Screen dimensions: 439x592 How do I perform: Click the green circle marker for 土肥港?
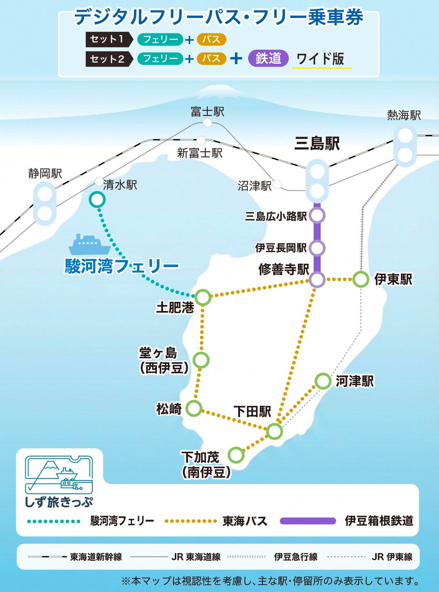203,297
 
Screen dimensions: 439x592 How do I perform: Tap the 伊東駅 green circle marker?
360,279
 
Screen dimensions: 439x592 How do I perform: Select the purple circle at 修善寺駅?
317,279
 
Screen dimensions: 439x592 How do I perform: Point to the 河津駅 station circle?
323,381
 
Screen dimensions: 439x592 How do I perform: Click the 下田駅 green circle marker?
275,432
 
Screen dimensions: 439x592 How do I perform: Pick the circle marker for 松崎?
193,408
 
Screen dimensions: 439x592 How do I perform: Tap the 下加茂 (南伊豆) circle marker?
236,455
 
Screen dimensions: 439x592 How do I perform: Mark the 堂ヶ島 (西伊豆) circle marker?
201,360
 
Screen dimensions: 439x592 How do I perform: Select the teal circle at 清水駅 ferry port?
97,200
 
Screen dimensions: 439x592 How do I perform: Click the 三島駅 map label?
317,144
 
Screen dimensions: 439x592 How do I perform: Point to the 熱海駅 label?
404,115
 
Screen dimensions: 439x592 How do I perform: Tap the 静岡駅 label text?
45,174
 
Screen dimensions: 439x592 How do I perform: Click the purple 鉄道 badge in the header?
268,58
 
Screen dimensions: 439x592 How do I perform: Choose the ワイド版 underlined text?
321,59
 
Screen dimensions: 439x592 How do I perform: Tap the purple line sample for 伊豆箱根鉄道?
307,521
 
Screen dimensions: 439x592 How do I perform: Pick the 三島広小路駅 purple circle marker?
317,216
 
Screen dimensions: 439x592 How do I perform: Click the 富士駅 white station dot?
207,123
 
